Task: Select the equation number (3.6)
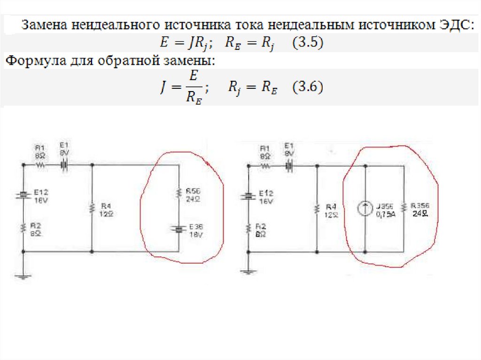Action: [307, 88]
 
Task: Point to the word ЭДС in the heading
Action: [453, 25]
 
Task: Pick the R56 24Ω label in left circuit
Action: [193, 195]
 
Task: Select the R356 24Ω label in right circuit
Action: [419, 209]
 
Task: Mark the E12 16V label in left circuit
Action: [40, 196]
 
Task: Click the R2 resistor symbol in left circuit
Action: [22, 229]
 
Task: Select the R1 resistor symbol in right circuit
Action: [265, 166]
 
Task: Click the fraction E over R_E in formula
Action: [194, 88]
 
